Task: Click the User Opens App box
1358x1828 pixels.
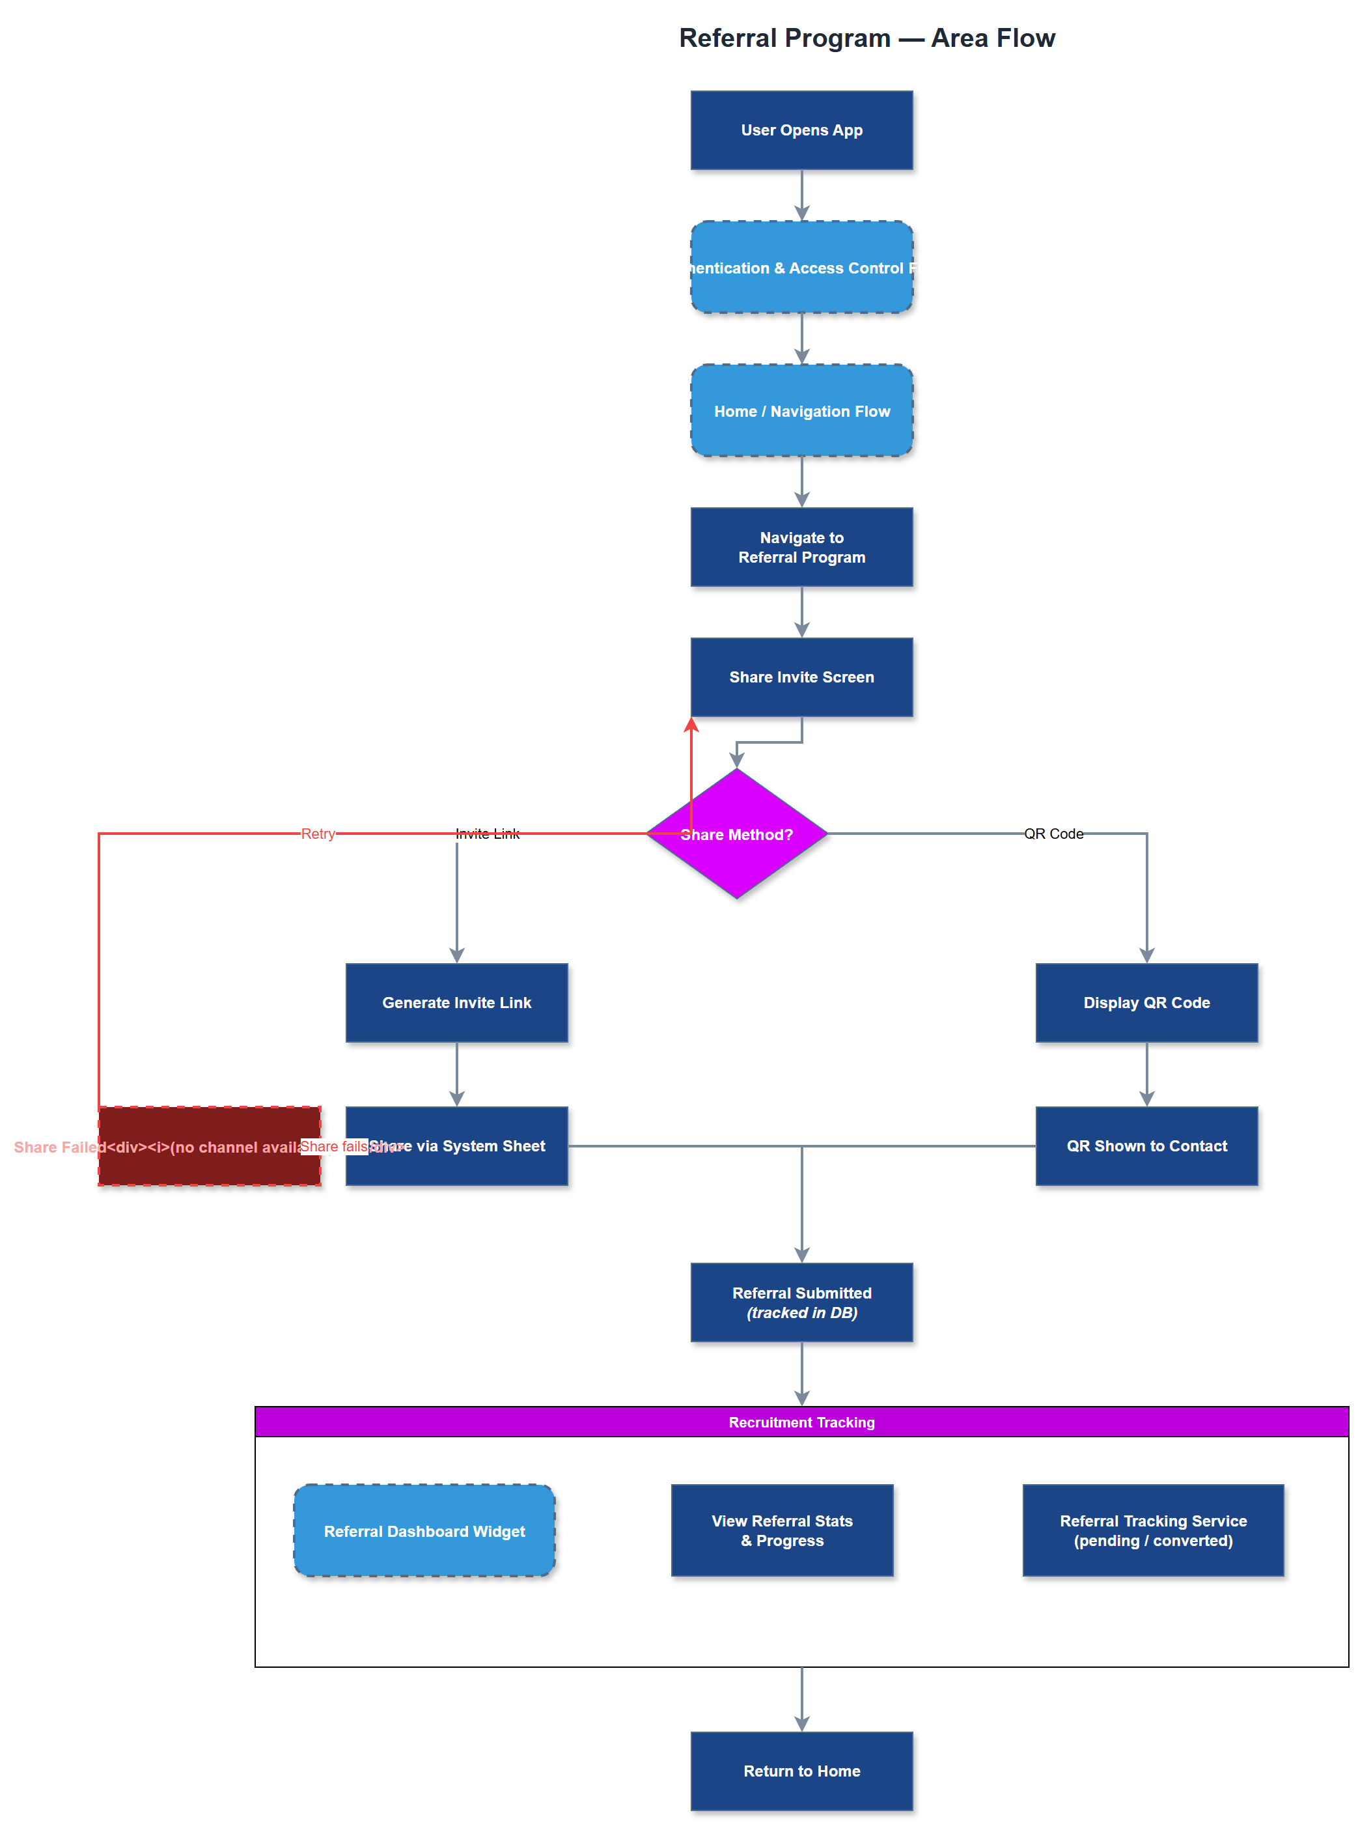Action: click(801, 130)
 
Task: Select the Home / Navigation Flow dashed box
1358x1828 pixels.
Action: click(801, 410)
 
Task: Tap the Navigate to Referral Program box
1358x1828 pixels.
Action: click(801, 547)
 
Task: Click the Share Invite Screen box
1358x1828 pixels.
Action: click(801, 677)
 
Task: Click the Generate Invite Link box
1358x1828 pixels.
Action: click(456, 1002)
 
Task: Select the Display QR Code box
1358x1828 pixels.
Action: click(1146, 1002)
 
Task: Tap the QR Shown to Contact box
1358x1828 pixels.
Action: click(1146, 1146)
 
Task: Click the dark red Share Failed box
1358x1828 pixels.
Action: click(209, 1168)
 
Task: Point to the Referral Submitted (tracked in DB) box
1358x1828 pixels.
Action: click(801, 1302)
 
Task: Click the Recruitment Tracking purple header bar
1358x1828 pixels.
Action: click(801, 1422)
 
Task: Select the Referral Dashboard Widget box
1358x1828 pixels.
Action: click(424, 1530)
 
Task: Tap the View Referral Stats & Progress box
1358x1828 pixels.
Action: click(782, 1530)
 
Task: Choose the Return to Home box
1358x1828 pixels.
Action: click(801, 1771)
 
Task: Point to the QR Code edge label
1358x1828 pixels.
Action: click(1053, 834)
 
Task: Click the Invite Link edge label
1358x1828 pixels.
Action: click(488, 834)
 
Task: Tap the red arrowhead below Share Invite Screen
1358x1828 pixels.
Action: click(691, 724)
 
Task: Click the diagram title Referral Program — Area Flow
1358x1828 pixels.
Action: click(866, 38)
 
